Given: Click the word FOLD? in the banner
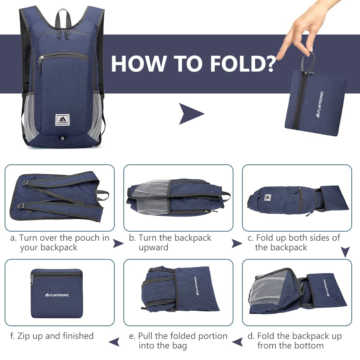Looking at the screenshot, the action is [x=243, y=64].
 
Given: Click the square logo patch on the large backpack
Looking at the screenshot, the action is [x=62, y=120].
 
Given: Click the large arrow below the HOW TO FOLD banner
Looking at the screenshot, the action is [x=191, y=114].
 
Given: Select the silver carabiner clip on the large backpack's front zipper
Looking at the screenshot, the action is [x=40, y=60].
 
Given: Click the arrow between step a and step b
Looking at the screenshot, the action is [x=118, y=243].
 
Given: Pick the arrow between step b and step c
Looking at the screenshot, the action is [x=237, y=243].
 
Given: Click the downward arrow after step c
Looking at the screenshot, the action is [x=345, y=252].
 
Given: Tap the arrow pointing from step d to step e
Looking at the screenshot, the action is [x=237, y=342].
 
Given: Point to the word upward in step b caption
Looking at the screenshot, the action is [x=153, y=248].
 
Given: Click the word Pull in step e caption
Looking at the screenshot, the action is [x=145, y=336].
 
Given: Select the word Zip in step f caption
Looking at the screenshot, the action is [x=24, y=336].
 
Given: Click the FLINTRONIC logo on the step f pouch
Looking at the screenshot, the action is [x=57, y=295].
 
